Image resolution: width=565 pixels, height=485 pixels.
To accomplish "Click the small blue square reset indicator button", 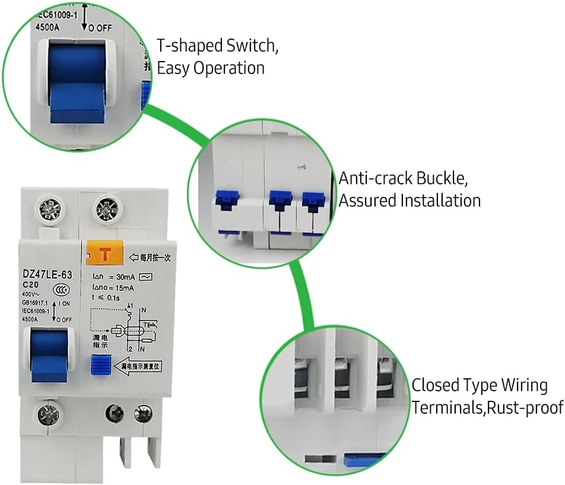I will (x=100, y=363).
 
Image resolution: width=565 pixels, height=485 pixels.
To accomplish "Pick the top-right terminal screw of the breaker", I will (x=108, y=209).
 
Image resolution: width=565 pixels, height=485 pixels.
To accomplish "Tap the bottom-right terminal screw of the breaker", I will (x=142, y=414).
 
